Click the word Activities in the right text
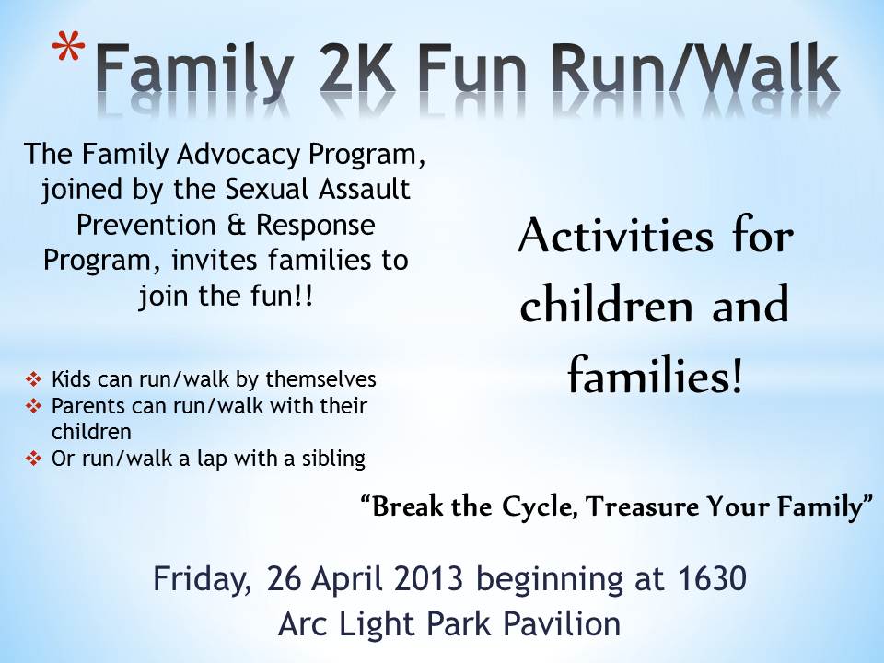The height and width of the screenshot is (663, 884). click(608, 238)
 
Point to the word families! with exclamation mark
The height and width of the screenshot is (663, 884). click(654, 375)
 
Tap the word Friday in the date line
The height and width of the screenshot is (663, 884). click(204, 582)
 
